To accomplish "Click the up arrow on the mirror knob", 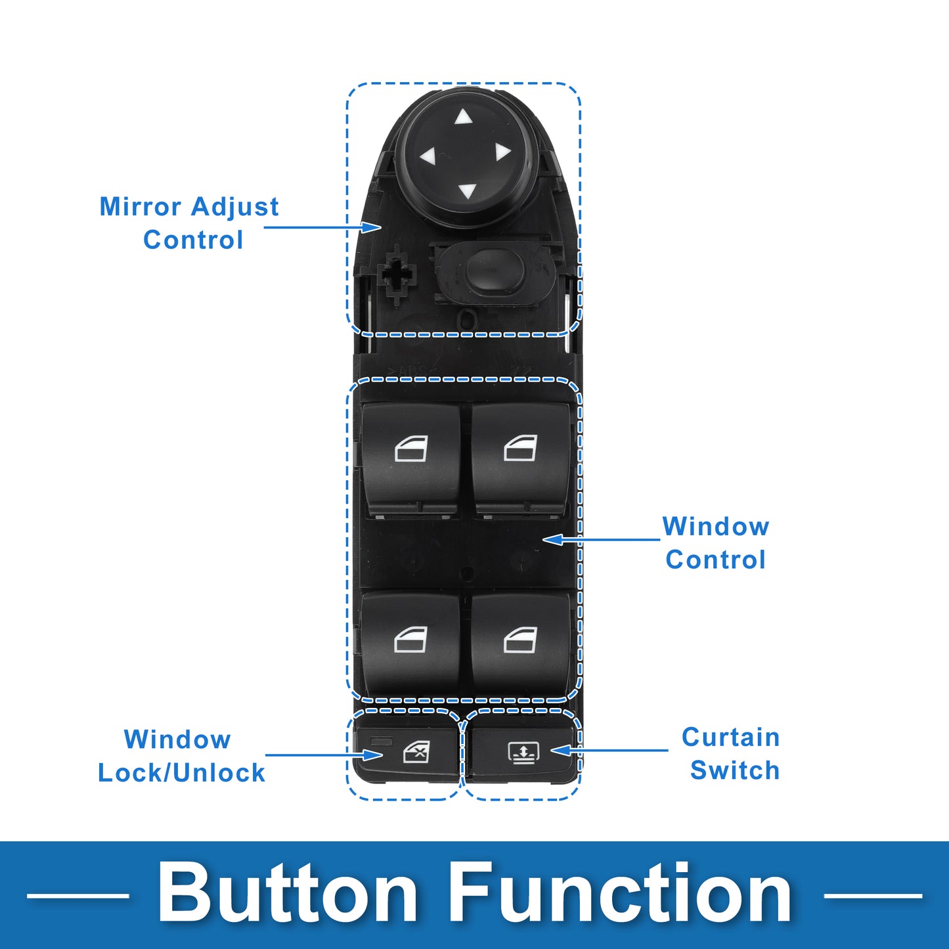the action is coord(463,117).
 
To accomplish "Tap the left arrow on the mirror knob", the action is coord(428,156).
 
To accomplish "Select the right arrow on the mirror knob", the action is coord(502,152).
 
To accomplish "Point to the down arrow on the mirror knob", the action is coord(468,190).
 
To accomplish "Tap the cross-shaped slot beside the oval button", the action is coord(397,276).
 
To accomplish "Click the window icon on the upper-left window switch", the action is coord(411,448).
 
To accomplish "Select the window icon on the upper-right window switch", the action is coord(521,448).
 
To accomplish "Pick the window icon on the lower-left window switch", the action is coord(411,640).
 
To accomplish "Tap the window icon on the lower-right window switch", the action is coord(521,640).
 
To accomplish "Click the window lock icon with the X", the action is coord(416,752).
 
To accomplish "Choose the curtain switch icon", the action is coord(523,752).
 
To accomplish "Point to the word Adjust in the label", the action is coord(234,208).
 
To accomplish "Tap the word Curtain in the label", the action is coord(730,738).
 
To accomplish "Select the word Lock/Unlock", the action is coord(181,772).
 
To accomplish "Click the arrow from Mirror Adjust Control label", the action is coord(323,227).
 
